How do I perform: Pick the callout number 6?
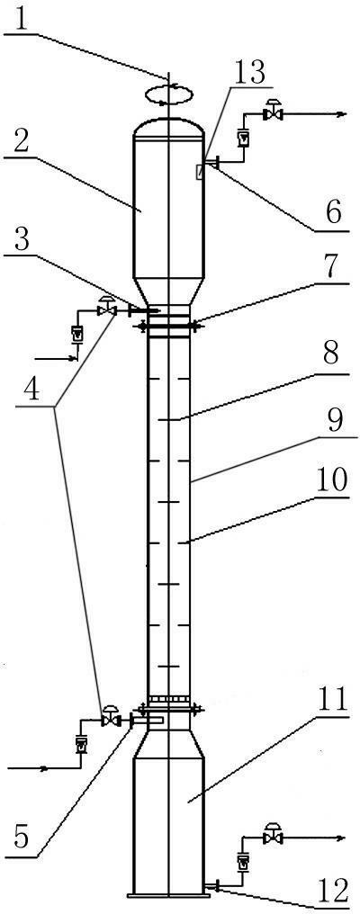336,214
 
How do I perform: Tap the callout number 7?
334,268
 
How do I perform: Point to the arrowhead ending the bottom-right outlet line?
341,838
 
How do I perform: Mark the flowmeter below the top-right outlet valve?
243,139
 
